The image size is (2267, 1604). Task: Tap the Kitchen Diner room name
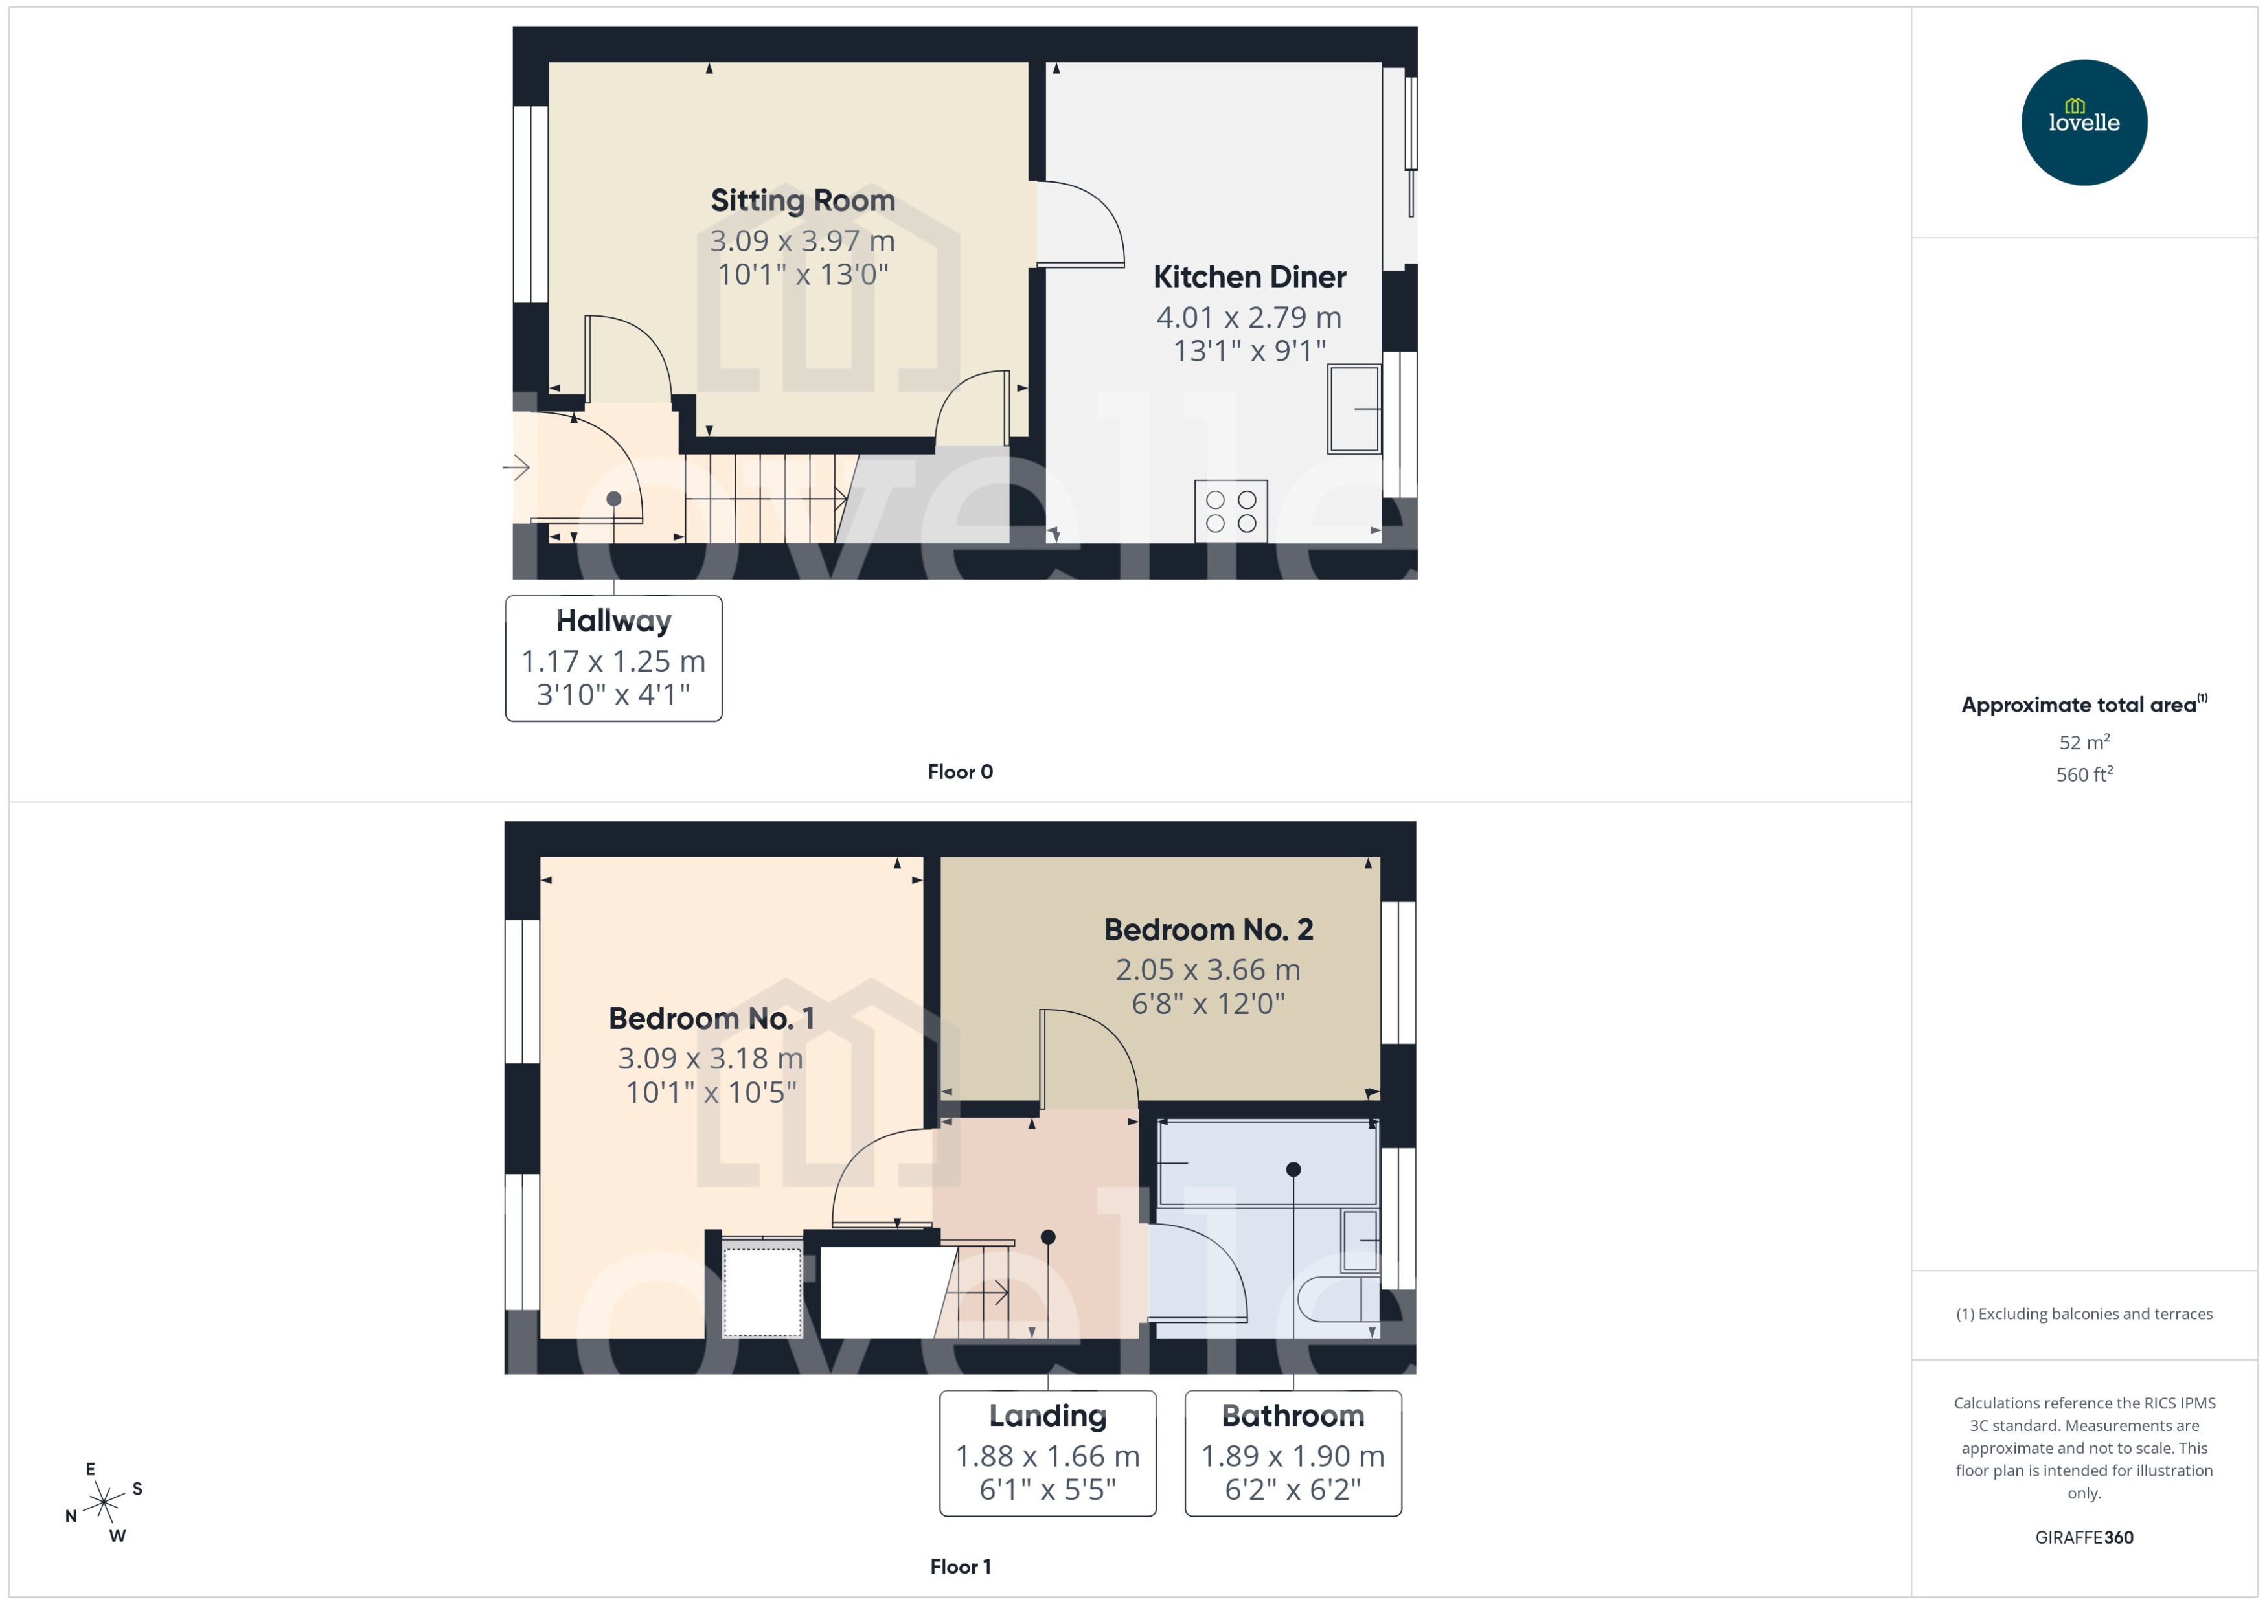(1249, 278)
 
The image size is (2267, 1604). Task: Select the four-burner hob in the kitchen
(1230, 511)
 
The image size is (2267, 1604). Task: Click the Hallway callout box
(613, 658)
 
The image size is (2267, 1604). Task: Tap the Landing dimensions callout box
(1047, 1453)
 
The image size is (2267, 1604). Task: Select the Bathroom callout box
(1292, 1453)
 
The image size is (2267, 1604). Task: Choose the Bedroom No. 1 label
(711, 1019)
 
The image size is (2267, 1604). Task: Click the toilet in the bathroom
(1336, 1299)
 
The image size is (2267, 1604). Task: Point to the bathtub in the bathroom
(1268, 1164)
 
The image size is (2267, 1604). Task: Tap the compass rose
(104, 1502)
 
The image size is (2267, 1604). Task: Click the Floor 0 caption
(959, 773)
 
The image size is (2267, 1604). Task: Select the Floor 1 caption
(959, 1566)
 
